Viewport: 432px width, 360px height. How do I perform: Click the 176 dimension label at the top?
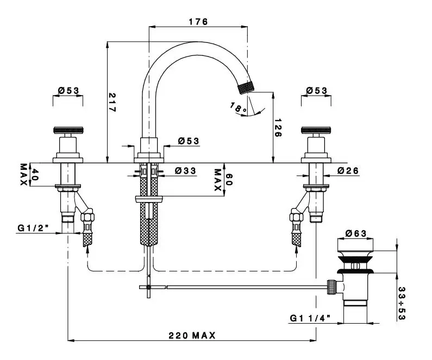pyautogui.click(x=198, y=22)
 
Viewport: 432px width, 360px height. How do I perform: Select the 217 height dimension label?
pyautogui.click(x=112, y=102)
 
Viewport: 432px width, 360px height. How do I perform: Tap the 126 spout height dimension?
pyautogui.click(x=278, y=128)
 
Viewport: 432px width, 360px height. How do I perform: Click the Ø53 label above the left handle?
pyautogui.click(x=68, y=90)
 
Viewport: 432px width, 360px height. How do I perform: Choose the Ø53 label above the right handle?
pyautogui.click(x=316, y=90)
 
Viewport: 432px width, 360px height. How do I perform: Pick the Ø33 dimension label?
pyautogui.click(x=185, y=170)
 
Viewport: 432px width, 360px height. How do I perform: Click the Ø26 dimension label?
pyautogui.click(x=348, y=170)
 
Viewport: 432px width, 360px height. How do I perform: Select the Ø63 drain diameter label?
pyautogui.click(x=356, y=233)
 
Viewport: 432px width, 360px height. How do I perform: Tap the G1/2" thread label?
pyautogui.click(x=32, y=228)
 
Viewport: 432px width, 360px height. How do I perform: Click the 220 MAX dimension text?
pyautogui.click(x=191, y=336)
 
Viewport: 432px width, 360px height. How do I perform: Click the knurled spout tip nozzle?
pyautogui.click(x=247, y=87)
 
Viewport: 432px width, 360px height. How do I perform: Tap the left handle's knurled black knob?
pyautogui.click(x=67, y=130)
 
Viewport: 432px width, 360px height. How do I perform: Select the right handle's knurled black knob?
pyautogui.click(x=316, y=130)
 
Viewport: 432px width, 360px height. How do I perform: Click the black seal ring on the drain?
pyautogui.click(x=356, y=270)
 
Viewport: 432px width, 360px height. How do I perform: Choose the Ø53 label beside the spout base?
pyautogui.click(x=189, y=141)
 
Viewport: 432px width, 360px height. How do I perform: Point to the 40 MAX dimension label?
pyautogui.click(x=28, y=174)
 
